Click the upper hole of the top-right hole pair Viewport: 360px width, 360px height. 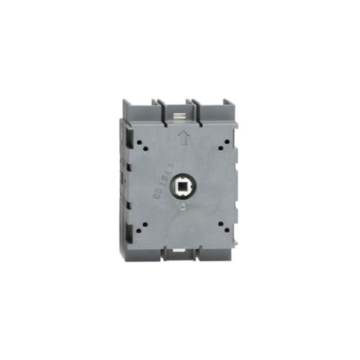click(222, 139)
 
